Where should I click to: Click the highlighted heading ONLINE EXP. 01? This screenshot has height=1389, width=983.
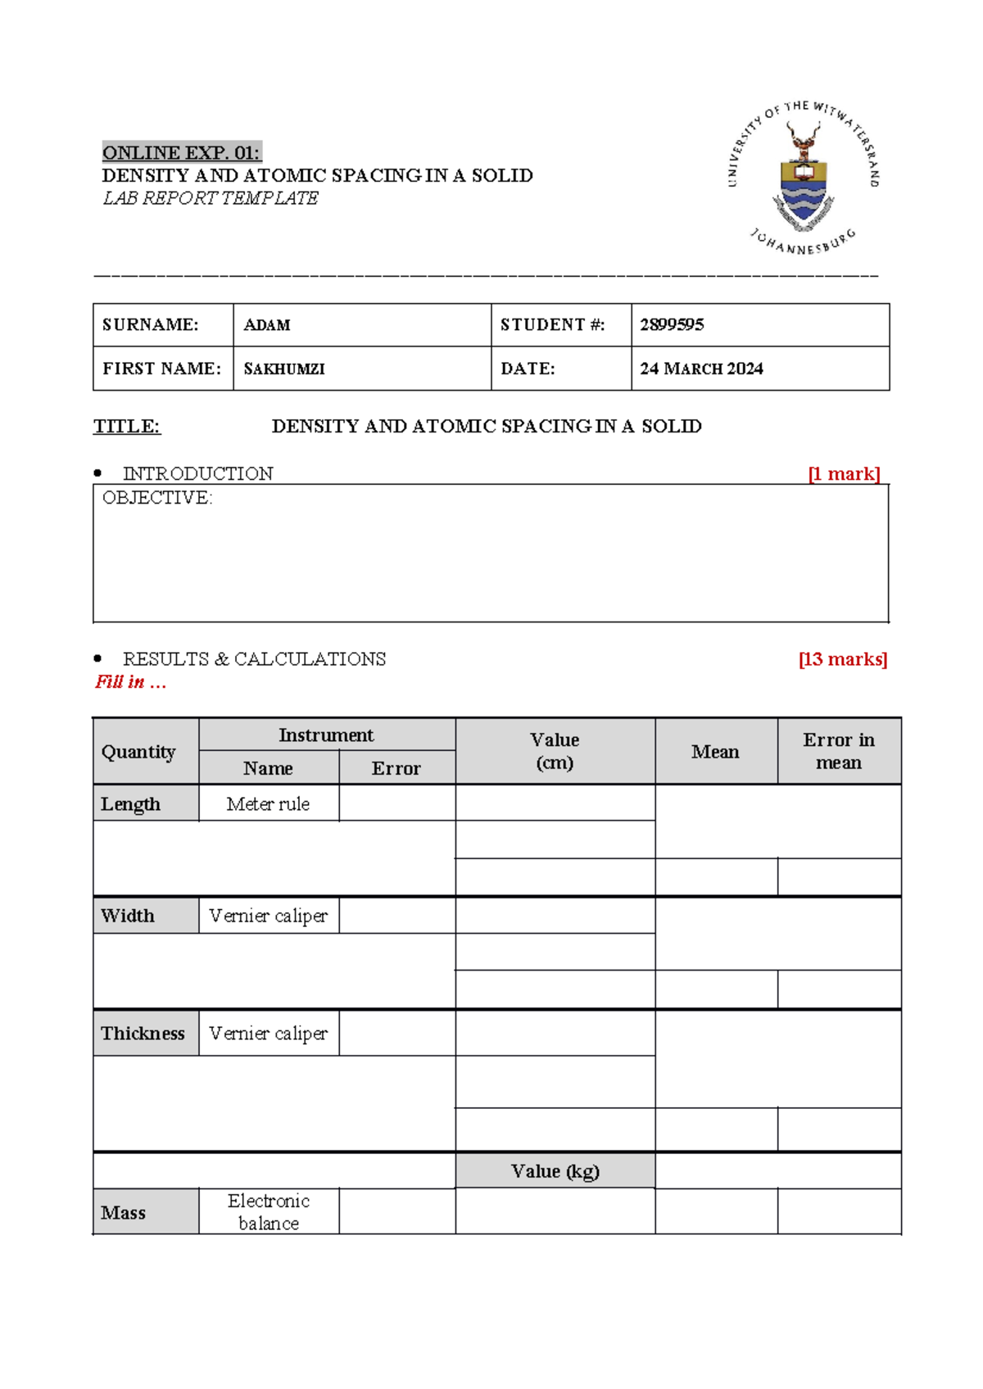[181, 152]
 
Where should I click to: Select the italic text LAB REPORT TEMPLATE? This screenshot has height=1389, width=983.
[211, 198]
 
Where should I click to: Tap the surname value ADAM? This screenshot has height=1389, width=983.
[267, 325]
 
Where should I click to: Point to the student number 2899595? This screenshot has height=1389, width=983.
[672, 325]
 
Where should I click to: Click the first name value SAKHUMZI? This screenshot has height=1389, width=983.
[284, 369]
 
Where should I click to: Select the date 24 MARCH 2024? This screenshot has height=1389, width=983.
[701, 369]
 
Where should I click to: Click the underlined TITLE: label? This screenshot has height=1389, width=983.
[127, 427]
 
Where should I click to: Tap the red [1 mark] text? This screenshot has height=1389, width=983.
[844, 474]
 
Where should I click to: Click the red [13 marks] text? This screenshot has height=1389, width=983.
[842, 659]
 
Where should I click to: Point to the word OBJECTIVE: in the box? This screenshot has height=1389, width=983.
[157, 498]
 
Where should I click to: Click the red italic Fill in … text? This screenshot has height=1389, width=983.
[131, 682]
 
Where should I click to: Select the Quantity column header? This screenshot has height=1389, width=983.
[138, 752]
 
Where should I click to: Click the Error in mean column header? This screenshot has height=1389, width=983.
[839, 751]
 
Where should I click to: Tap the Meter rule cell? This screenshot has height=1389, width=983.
[268, 804]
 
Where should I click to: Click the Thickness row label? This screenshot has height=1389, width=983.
[143, 1034]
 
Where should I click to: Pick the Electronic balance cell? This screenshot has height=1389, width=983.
[269, 1212]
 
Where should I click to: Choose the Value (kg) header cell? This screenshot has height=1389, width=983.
[555, 1171]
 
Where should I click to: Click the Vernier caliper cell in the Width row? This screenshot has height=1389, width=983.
[268, 916]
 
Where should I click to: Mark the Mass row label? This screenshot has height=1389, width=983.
[124, 1213]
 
